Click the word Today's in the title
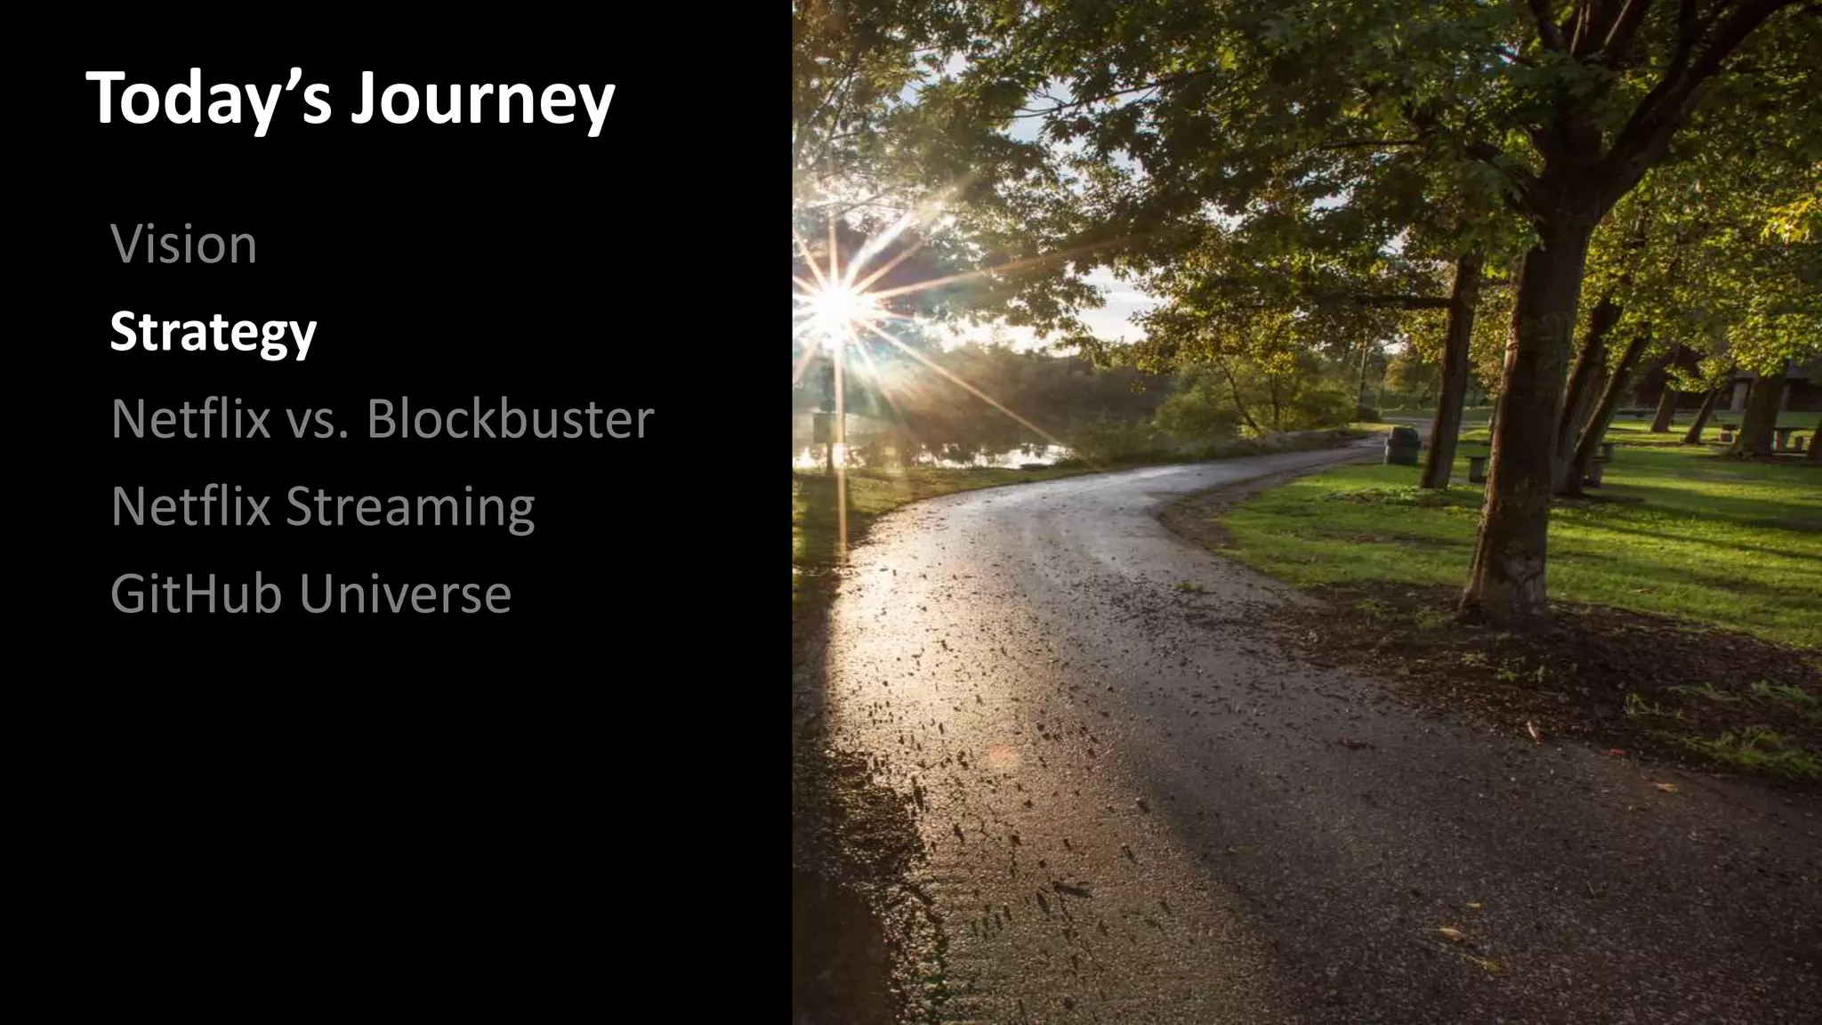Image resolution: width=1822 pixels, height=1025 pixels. click(x=210, y=99)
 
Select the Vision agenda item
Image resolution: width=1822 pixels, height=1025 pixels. click(x=184, y=244)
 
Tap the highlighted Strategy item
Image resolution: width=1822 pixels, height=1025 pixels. click(x=213, y=332)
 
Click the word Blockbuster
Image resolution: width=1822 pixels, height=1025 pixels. click(x=510, y=418)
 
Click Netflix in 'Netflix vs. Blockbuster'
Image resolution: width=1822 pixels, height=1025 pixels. click(x=190, y=418)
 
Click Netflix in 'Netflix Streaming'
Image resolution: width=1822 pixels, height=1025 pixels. click(x=190, y=505)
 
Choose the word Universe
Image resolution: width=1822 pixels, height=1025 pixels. click(x=406, y=593)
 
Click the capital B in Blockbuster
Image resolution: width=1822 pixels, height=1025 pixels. click(x=385, y=418)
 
